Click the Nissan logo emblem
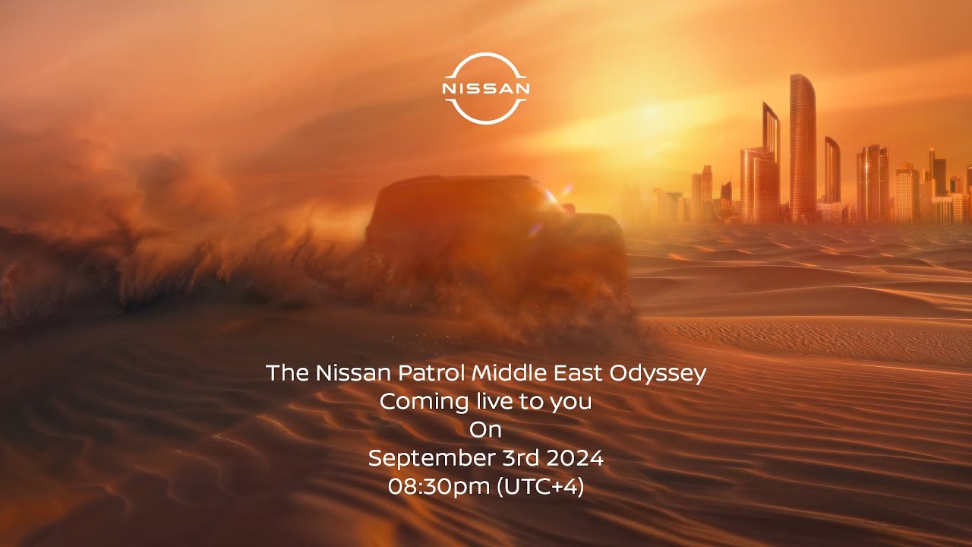pyautogui.click(x=485, y=89)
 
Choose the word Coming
pyautogui.click(x=424, y=403)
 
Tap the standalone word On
pyautogui.click(x=485, y=430)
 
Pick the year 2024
pyautogui.click(x=575, y=458)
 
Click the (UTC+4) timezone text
pyautogui.click(x=540, y=487)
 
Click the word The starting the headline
pyautogui.click(x=287, y=373)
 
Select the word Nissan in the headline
pyautogui.click(x=353, y=373)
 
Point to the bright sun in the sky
pyautogui.click(x=651, y=114)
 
